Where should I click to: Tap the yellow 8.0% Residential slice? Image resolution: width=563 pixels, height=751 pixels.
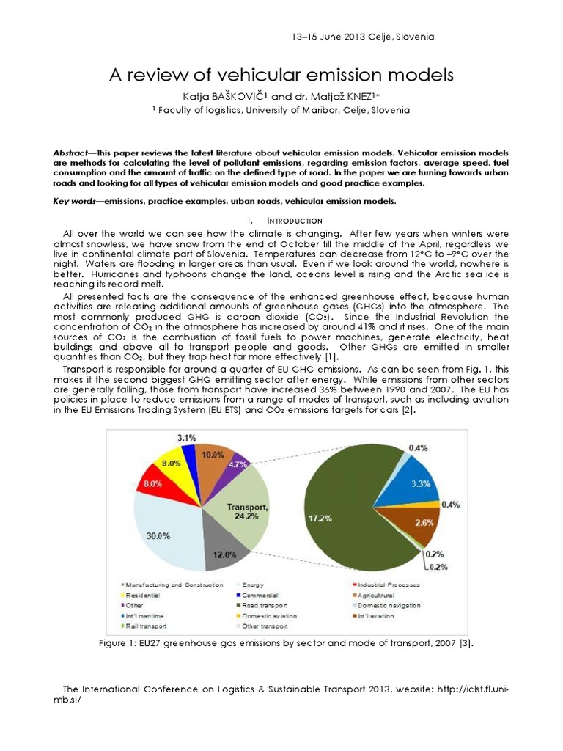click(x=172, y=464)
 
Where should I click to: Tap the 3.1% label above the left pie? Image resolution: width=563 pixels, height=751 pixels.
click(x=188, y=438)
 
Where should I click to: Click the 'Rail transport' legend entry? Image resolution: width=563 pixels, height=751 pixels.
click(x=147, y=626)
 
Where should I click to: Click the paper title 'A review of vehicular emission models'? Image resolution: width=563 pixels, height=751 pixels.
click(x=281, y=75)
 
